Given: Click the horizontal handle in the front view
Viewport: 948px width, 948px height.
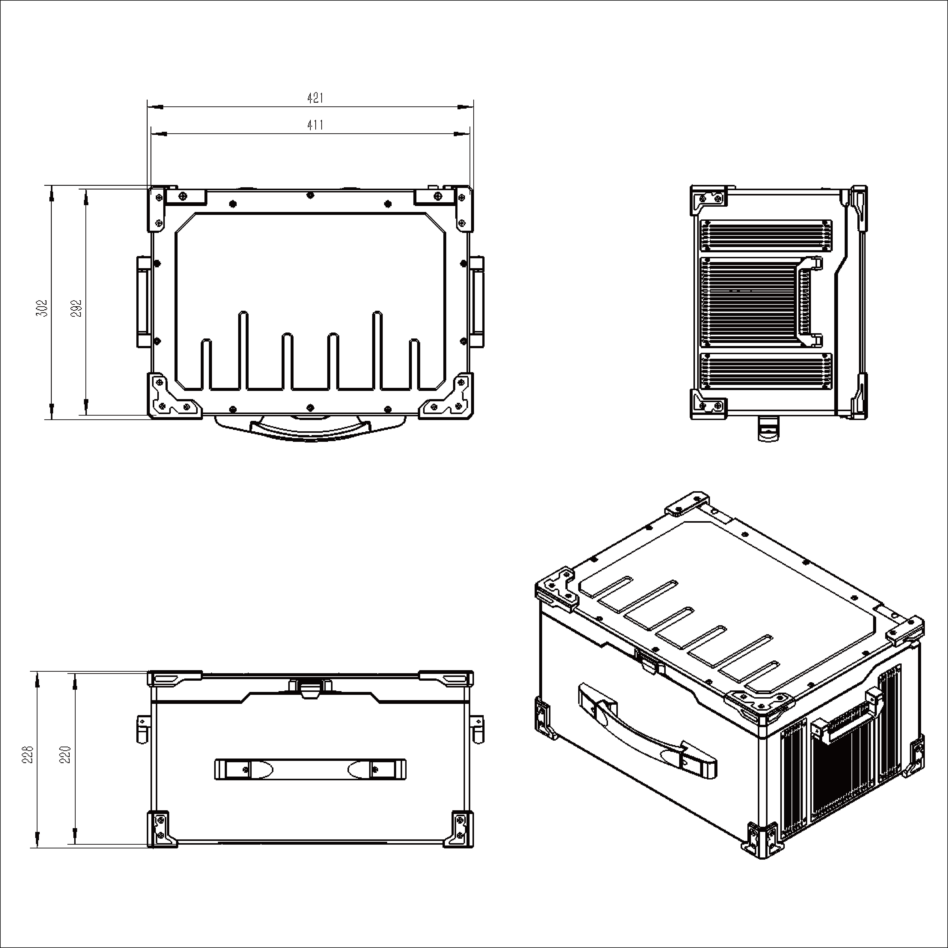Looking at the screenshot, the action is (x=310, y=769).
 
